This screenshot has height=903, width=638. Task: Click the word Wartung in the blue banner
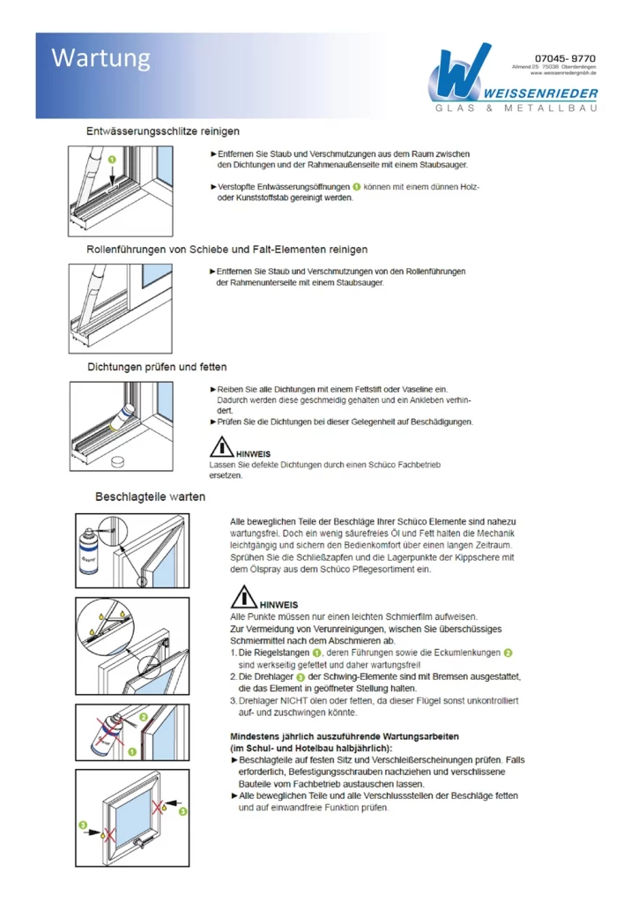click(x=100, y=58)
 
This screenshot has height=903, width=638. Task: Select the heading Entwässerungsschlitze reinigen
click(x=163, y=131)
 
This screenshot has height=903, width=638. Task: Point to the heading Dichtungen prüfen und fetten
click(x=157, y=367)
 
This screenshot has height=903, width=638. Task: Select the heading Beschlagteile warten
click(x=150, y=496)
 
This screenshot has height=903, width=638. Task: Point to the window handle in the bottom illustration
click(x=139, y=848)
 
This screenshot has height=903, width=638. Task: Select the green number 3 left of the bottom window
click(x=83, y=826)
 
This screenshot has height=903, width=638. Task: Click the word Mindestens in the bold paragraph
click(x=257, y=736)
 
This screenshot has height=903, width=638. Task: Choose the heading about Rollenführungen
click(x=227, y=250)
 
